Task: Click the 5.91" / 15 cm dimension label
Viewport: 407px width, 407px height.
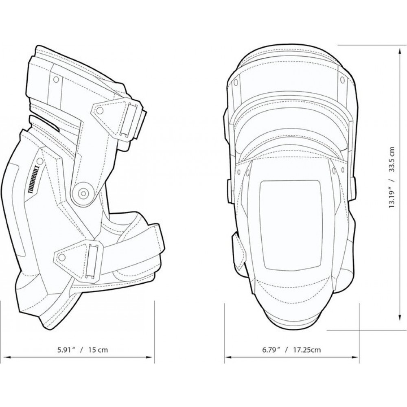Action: click(x=83, y=350)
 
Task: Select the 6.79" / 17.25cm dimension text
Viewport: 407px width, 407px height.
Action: click(x=291, y=350)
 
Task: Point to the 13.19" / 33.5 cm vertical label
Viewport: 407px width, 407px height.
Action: click(x=392, y=177)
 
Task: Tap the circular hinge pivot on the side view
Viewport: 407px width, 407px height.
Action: click(x=83, y=193)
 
